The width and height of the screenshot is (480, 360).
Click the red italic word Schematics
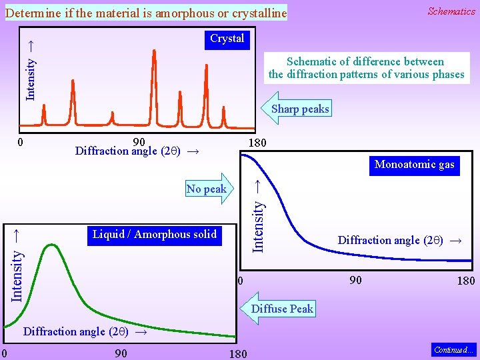(451, 11)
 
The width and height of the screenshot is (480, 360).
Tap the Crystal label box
(227, 39)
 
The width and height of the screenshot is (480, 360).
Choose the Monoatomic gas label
(414, 165)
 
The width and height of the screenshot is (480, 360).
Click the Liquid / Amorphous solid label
(154, 234)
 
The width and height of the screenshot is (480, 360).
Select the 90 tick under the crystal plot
(139, 141)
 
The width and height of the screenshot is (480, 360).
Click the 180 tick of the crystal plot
(257, 143)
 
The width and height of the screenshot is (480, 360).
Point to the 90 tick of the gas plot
(355, 280)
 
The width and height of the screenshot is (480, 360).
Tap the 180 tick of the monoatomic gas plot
(465, 281)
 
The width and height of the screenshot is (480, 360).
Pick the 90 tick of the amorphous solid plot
(121, 353)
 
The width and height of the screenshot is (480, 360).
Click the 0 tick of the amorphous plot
(4, 353)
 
